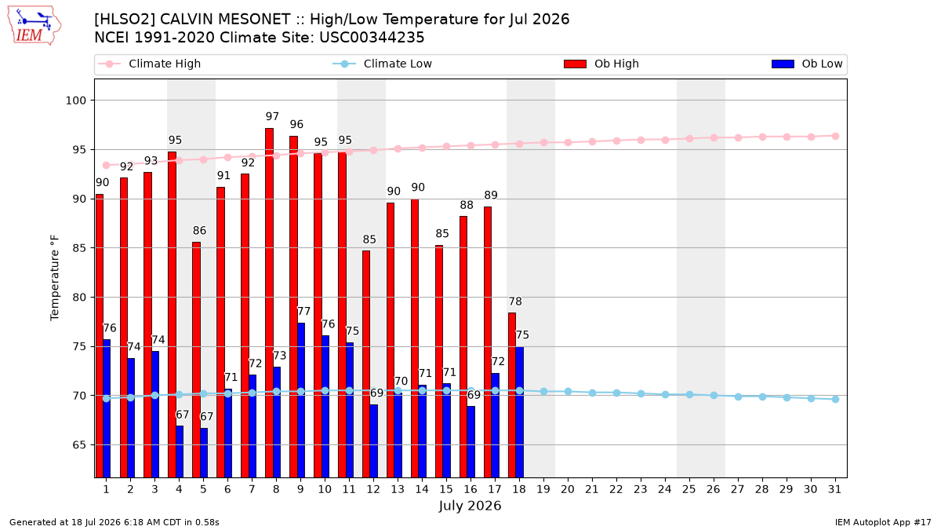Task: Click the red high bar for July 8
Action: point(269,303)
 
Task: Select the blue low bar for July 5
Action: point(204,453)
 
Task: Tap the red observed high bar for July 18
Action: point(512,395)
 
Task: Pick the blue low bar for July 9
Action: point(301,400)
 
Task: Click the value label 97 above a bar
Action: point(272,116)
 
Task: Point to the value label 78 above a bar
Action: point(515,302)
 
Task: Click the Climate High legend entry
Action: point(149,64)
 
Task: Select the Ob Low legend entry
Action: point(807,64)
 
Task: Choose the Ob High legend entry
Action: point(601,64)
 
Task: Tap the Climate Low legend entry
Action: point(382,64)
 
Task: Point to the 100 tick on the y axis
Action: point(75,101)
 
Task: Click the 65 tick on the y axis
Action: point(79,445)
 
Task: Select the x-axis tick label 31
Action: point(834,490)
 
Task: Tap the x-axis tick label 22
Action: point(616,490)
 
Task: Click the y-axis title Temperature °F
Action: point(55,278)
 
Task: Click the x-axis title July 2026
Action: point(470,506)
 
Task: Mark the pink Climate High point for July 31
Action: point(836,137)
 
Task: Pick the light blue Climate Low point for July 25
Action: point(689,394)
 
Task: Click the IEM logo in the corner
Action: point(34,26)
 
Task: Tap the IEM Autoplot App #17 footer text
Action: point(883,522)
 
